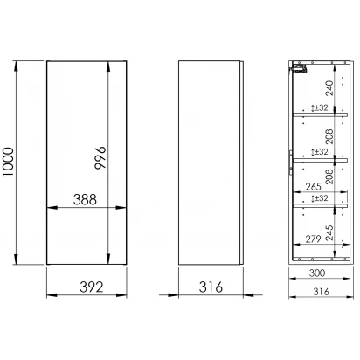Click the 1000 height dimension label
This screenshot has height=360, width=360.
pos(8,162)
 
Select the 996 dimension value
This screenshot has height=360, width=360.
pos(100,158)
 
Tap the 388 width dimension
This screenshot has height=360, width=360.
pos(85,200)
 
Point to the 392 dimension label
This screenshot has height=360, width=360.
pos(92,287)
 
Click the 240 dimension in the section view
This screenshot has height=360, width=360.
pos(329,88)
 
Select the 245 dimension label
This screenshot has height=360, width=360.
pos(329,232)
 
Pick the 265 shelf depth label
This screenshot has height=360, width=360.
pos(313,187)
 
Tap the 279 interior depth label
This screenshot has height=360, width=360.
pos(313,239)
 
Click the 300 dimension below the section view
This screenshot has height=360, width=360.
pos(317,273)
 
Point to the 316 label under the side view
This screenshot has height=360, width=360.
pos(211,287)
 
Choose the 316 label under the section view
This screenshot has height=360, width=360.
pos(321,292)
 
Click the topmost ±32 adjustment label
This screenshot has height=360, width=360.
pos(320,107)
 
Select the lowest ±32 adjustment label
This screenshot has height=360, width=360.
pos(320,198)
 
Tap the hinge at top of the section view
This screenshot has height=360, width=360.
pos(299,69)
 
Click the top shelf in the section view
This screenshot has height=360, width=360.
pos(320,114)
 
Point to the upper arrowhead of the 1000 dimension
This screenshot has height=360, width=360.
pos(16,66)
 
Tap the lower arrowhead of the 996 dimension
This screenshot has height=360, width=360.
pos(108,259)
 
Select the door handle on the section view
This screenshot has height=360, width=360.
pos(291,163)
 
